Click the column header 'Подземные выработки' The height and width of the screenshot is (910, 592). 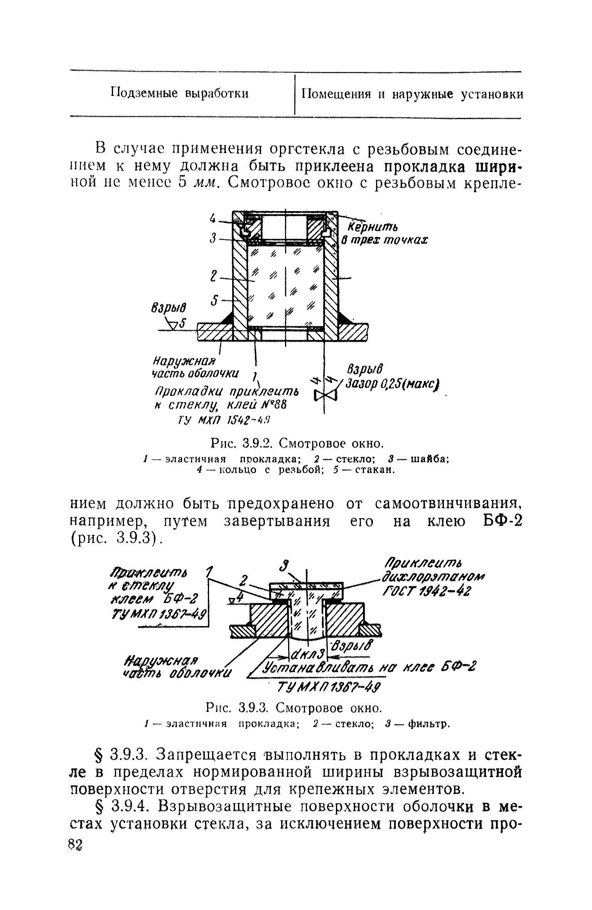click(x=179, y=94)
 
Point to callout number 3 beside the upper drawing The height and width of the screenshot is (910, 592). click(x=212, y=240)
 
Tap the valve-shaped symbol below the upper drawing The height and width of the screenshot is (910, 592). click(x=326, y=395)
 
